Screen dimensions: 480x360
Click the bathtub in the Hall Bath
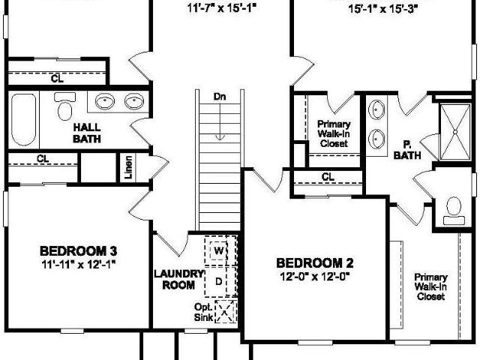point(23,120)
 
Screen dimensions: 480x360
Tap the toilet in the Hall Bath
point(64,106)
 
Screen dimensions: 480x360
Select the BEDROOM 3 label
point(78,251)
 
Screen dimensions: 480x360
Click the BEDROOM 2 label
point(315,263)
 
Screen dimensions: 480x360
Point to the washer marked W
point(218,251)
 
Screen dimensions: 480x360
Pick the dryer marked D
point(218,281)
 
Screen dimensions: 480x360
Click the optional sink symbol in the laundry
point(226,312)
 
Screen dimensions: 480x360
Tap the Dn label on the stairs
point(220,97)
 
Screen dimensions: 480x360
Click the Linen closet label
point(129,167)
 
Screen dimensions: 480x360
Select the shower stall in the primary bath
point(455,132)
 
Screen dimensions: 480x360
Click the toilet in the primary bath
point(454,211)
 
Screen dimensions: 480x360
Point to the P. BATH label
point(407,150)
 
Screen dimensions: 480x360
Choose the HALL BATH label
point(87,133)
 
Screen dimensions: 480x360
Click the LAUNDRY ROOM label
point(178,279)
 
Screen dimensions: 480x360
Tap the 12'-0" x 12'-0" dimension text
point(315,277)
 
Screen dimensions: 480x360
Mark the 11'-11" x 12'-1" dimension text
point(78,264)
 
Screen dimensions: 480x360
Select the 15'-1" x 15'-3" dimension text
point(383,9)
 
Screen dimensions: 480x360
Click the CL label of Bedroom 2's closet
point(328,177)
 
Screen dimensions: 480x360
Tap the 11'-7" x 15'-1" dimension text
point(221,8)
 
